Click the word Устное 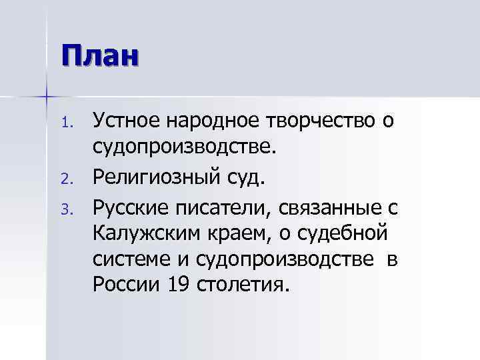[x=128, y=121]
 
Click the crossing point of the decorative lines [x=47, y=97]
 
